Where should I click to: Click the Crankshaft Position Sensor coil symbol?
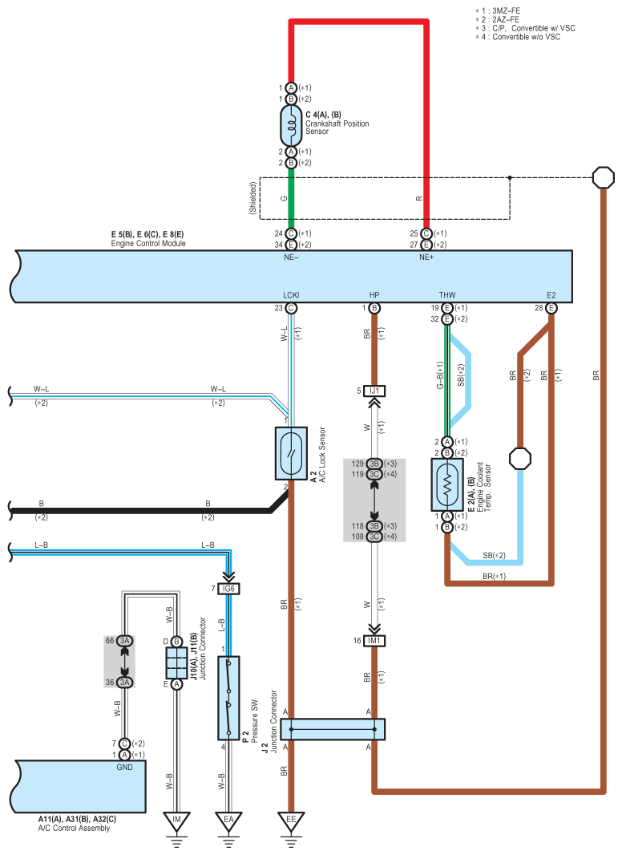coord(291,125)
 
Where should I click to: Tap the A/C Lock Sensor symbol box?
coord(291,453)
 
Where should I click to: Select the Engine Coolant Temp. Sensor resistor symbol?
coord(447,484)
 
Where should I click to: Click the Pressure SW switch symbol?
coord(228,698)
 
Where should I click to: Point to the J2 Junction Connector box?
coord(333,729)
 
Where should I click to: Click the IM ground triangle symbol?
coord(176,821)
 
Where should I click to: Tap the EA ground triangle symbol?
coord(228,821)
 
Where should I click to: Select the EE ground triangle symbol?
coord(291,821)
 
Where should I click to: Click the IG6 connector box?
coord(228,589)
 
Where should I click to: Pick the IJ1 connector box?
coord(374,391)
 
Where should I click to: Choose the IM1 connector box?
coord(374,641)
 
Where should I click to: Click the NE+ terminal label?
coord(426,257)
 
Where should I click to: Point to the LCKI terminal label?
coord(291,295)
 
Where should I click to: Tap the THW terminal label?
coord(447,295)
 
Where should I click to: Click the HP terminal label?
coord(374,295)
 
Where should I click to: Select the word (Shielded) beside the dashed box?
coord(253,198)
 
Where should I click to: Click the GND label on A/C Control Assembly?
coord(125,768)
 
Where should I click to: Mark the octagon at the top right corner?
coord(604,178)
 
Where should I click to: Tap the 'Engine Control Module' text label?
coord(148,243)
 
